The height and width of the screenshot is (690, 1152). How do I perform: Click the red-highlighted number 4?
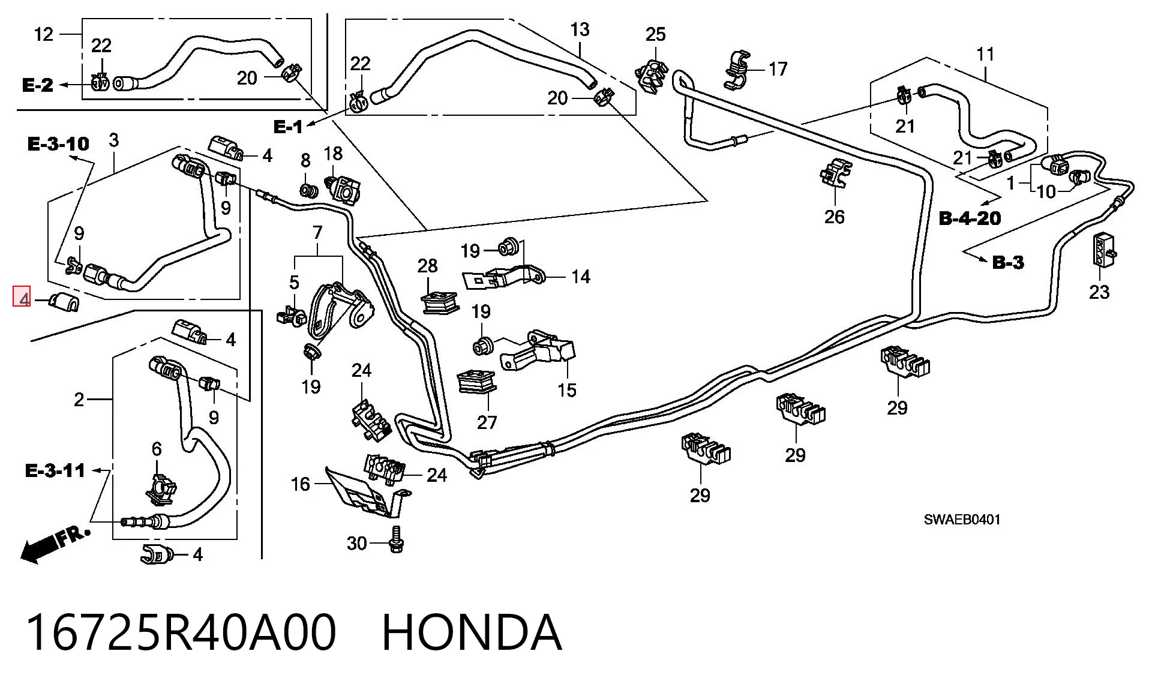(22, 297)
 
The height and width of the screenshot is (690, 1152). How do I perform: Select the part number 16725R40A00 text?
(181, 632)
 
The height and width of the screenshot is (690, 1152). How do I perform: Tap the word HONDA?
(472, 632)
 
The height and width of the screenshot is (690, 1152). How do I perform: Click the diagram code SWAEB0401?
(962, 520)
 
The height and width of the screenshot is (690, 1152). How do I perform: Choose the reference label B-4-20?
(970, 218)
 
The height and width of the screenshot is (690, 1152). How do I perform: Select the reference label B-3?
(1008, 262)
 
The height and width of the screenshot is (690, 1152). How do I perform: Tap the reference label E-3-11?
(55, 470)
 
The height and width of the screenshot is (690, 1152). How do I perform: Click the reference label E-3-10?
(58, 144)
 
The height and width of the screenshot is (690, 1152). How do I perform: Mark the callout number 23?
(1099, 292)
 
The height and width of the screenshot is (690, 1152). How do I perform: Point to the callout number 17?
(778, 69)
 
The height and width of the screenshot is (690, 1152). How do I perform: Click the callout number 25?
(655, 34)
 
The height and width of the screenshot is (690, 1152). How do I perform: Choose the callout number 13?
(580, 29)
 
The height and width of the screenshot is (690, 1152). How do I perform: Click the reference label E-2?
(37, 85)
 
